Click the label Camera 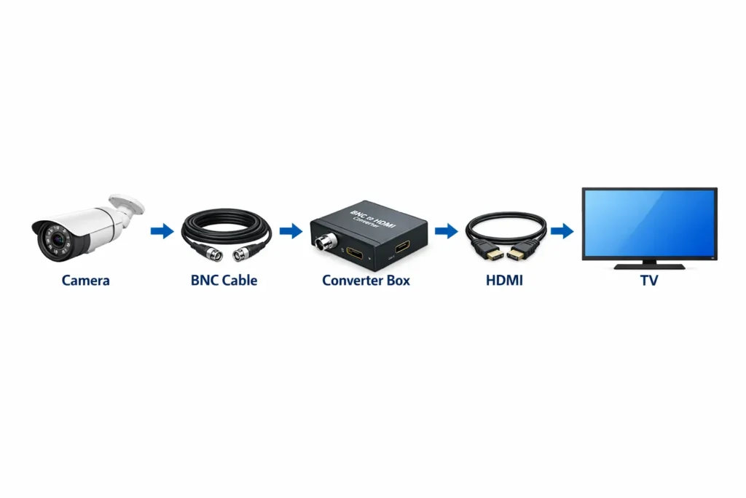(x=86, y=280)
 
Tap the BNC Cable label (x=224, y=280)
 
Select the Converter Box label (x=366, y=280)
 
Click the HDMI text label (x=504, y=280)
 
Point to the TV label (x=648, y=280)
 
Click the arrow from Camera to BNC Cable (x=162, y=232)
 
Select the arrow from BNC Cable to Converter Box (x=290, y=231)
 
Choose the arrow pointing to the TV (x=561, y=231)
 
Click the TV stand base (x=649, y=266)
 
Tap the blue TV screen (x=649, y=222)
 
